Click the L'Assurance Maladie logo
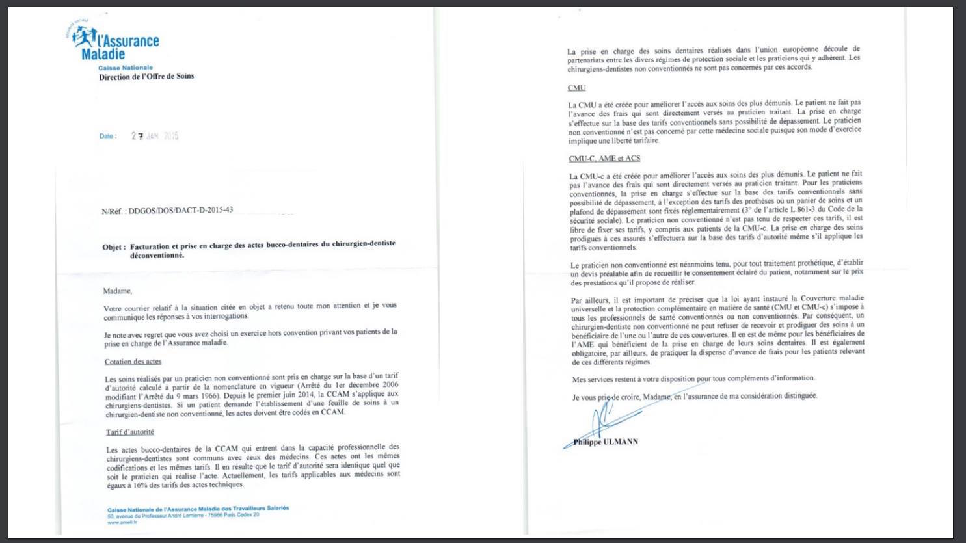tap(113, 42)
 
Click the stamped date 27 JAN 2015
tap(155, 136)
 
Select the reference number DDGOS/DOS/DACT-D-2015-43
tap(180, 211)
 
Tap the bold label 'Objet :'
tap(114, 247)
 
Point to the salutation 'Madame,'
tap(117, 291)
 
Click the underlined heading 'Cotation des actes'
tap(133, 362)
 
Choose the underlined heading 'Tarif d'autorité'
tap(130, 432)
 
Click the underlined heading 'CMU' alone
tap(576, 88)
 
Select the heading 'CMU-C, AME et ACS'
tap(604, 158)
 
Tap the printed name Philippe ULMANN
tap(606, 442)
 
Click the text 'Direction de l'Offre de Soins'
tap(146, 77)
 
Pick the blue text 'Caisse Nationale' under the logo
tap(126, 68)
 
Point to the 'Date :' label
tap(108, 136)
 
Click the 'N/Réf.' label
tap(113, 211)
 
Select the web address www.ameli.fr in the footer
tap(122, 522)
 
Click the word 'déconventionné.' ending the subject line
tap(157, 256)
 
